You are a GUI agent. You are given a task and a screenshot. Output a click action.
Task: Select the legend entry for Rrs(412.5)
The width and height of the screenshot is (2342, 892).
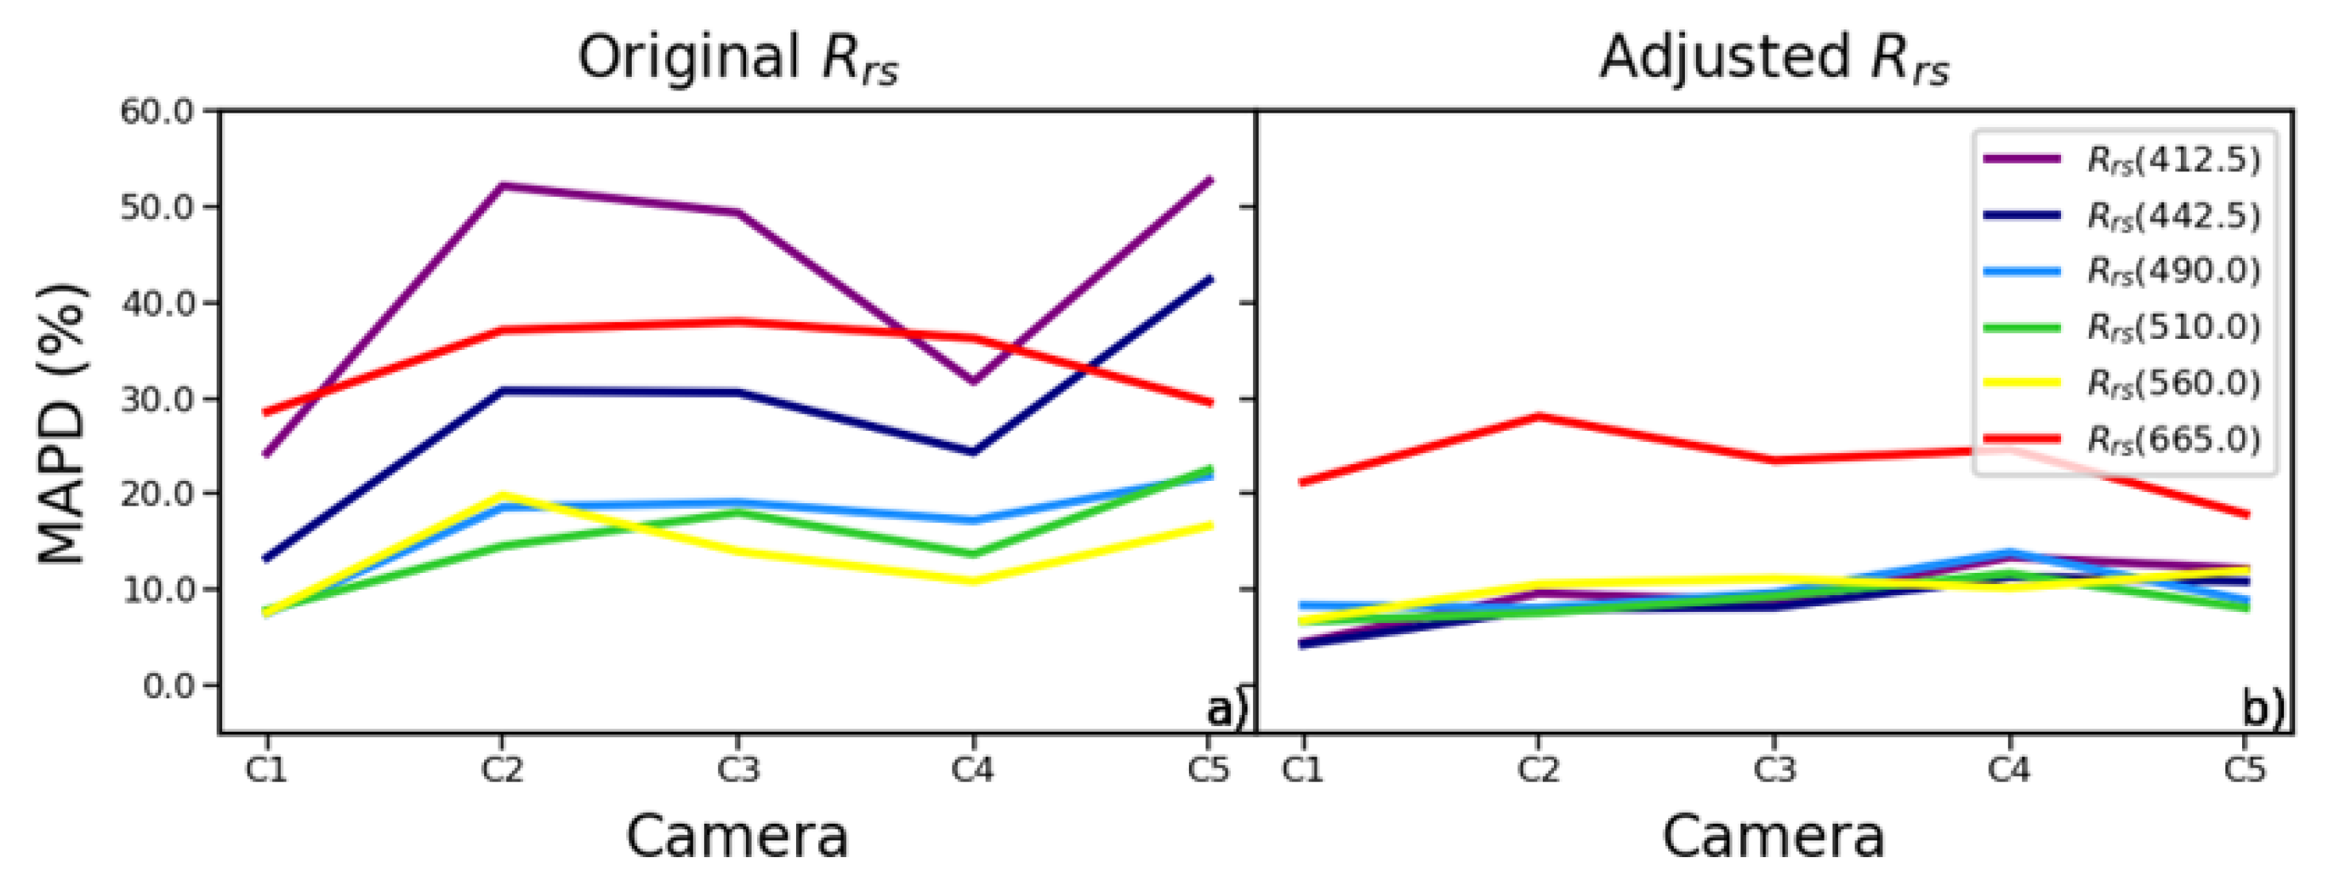pos(2173,160)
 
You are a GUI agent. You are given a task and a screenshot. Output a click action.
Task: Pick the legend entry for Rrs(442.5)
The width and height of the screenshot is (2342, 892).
pos(2173,217)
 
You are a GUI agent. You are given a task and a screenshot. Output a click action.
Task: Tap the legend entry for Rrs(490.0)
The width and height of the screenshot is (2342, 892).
pos(2173,271)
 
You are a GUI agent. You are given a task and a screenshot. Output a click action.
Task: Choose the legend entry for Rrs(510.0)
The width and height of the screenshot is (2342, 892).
pos(2173,327)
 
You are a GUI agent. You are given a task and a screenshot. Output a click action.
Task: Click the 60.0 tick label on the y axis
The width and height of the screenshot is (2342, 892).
pos(157,112)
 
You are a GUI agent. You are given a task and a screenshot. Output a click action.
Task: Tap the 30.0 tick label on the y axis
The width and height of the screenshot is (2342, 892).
pos(157,399)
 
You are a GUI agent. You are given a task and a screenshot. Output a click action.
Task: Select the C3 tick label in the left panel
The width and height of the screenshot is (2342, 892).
pos(737,770)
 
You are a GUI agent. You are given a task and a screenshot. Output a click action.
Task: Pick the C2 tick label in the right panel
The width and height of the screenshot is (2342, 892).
pos(1537,770)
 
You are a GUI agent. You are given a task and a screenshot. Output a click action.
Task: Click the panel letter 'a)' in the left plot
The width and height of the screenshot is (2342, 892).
pos(1226,709)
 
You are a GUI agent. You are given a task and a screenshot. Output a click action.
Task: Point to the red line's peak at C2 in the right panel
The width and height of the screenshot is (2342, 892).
pos(1538,417)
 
